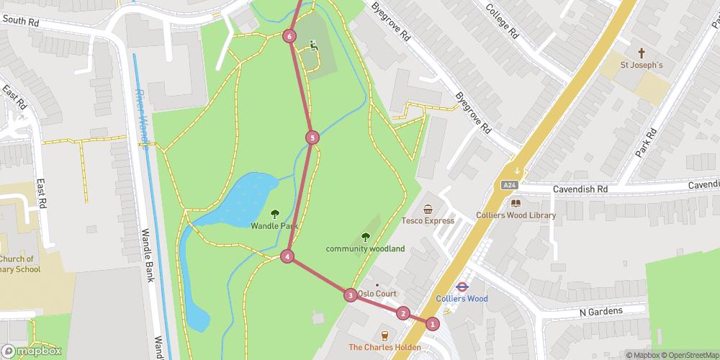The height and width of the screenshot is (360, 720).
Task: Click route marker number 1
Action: [x=432, y=324]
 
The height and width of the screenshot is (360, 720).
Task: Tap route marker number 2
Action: [x=402, y=313]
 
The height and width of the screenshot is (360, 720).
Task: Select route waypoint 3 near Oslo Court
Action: [x=350, y=294]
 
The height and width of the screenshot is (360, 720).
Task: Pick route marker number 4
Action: [x=287, y=256]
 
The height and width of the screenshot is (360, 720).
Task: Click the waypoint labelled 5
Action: [x=312, y=137]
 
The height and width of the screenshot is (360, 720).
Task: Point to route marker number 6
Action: [x=289, y=36]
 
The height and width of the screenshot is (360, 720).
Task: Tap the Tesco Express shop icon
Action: [x=428, y=210]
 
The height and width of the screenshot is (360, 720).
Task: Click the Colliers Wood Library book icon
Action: [x=516, y=203]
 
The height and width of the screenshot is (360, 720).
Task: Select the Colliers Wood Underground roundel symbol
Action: [x=462, y=286]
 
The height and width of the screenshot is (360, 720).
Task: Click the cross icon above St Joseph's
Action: [x=642, y=53]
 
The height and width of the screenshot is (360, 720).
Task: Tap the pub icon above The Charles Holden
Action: [x=385, y=335]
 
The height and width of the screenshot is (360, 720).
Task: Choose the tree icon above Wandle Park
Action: [x=274, y=214]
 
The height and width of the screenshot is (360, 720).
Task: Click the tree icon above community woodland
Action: [x=365, y=237]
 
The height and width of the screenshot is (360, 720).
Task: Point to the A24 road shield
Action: [x=510, y=185]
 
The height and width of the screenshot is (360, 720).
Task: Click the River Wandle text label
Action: [x=143, y=119]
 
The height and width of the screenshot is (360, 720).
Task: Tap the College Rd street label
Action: [x=502, y=21]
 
